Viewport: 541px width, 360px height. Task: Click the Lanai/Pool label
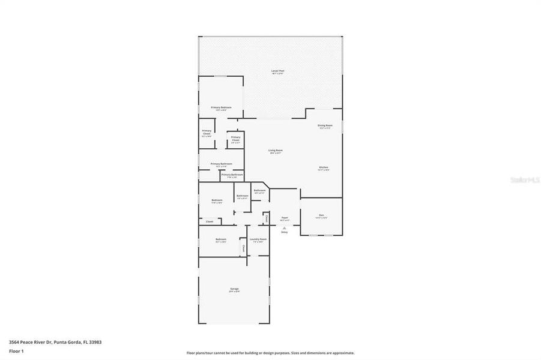coord(277,71)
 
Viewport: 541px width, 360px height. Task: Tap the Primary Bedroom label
coord(221,107)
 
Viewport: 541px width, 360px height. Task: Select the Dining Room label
coord(325,125)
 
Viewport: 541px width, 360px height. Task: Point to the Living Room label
coord(276,150)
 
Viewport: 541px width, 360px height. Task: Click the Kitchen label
coord(323,167)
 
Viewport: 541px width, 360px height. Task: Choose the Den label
coord(321,215)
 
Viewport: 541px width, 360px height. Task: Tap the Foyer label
coord(285,217)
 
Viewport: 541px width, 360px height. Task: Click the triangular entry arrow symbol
coord(285,228)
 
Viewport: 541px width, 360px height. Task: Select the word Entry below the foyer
coord(285,232)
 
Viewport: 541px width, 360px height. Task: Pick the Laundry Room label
coord(258,239)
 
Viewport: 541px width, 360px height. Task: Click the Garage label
coord(234,289)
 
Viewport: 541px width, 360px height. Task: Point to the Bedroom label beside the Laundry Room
coord(220,239)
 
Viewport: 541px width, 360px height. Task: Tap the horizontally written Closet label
coord(210,222)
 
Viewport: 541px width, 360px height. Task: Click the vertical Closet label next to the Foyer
coord(267,219)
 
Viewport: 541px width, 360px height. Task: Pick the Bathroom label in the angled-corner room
coord(260,190)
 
